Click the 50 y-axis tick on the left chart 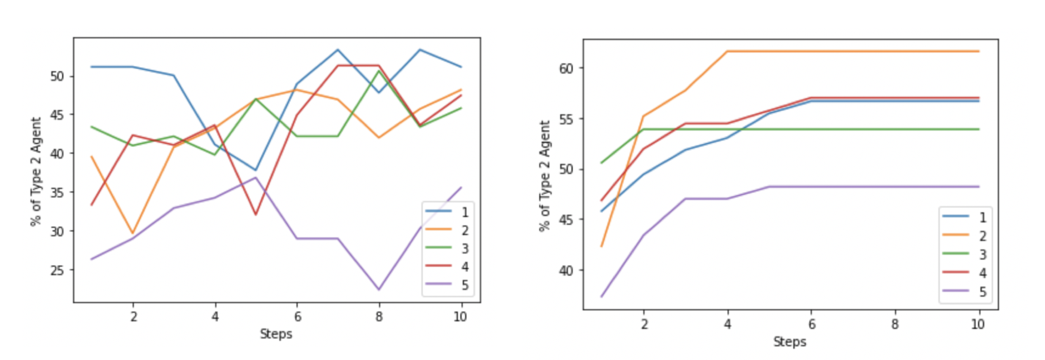[x=57, y=76]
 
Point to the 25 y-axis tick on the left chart [x=57, y=270]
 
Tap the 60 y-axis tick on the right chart [x=566, y=68]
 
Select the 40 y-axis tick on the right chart [x=566, y=270]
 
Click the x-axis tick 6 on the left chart [x=297, y=316]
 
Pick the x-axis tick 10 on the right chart [x=977, y=324]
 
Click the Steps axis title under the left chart [x=276, y=334]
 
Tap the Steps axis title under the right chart [x=789, y=341]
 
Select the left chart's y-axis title [x=36, y=172]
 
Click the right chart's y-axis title [x=545, y=175]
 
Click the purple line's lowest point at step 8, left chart [x=378, y=289]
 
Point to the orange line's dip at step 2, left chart [x=133, y=233]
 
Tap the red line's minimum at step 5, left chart [x=255, y=214]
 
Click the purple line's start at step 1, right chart [x=601, y=297]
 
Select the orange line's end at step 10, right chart [x=979, y=51]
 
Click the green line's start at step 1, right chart [x=601, y=163]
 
